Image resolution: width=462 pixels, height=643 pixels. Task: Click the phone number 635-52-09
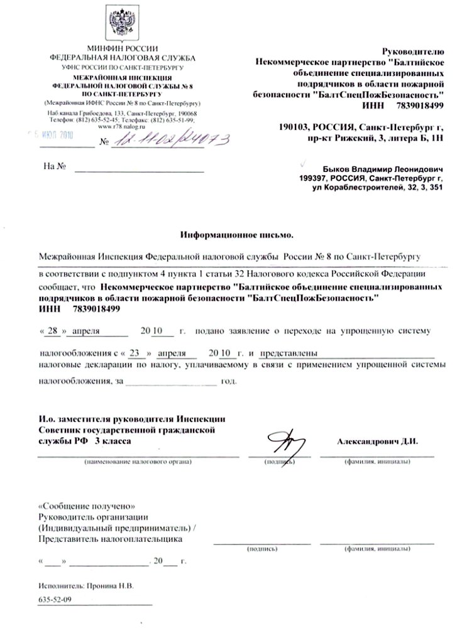point(55,600)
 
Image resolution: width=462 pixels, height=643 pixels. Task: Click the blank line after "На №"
point(140,168)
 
